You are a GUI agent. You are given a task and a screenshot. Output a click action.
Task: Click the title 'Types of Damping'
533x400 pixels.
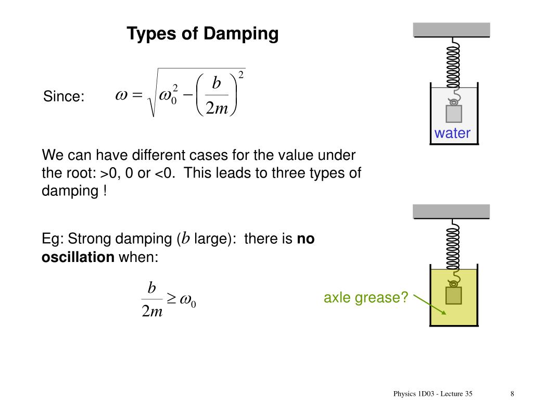[x=203, y=34]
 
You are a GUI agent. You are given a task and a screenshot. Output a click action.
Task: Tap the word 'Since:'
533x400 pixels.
[x=64, y=96]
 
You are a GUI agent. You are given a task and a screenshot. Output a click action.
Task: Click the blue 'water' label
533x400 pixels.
[x=452, y=133]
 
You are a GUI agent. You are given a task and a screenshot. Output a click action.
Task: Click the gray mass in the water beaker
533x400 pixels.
[x=454, y=114]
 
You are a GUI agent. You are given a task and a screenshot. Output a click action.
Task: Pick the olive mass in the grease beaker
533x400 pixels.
[x=454, y=295]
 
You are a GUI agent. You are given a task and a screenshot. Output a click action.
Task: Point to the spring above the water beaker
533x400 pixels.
[x=453, y=63]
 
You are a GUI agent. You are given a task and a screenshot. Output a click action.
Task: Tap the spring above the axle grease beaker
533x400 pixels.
[x=453, y=245]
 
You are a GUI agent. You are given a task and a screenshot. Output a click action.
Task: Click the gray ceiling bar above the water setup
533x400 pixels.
[x=452, y=30]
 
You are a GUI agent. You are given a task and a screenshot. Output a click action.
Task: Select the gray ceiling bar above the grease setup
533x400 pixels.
[x=452, y=211]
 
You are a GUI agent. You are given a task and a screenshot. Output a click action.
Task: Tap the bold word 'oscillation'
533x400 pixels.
[x=78, y=257]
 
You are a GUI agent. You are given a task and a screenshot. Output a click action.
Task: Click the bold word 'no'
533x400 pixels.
[x=306, y=239]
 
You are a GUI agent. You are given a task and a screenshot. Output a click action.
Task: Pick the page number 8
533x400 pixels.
[x=513, y=394]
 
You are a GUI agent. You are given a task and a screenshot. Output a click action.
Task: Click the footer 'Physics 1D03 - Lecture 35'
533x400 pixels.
[x=433, y=394]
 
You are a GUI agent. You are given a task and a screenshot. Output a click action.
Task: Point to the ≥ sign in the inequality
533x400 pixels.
[x=171, y=299]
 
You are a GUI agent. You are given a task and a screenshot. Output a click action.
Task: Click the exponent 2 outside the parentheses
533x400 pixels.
[x=241, y=75]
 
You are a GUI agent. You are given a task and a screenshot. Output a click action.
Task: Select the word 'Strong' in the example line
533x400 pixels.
[x=91, y=240]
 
